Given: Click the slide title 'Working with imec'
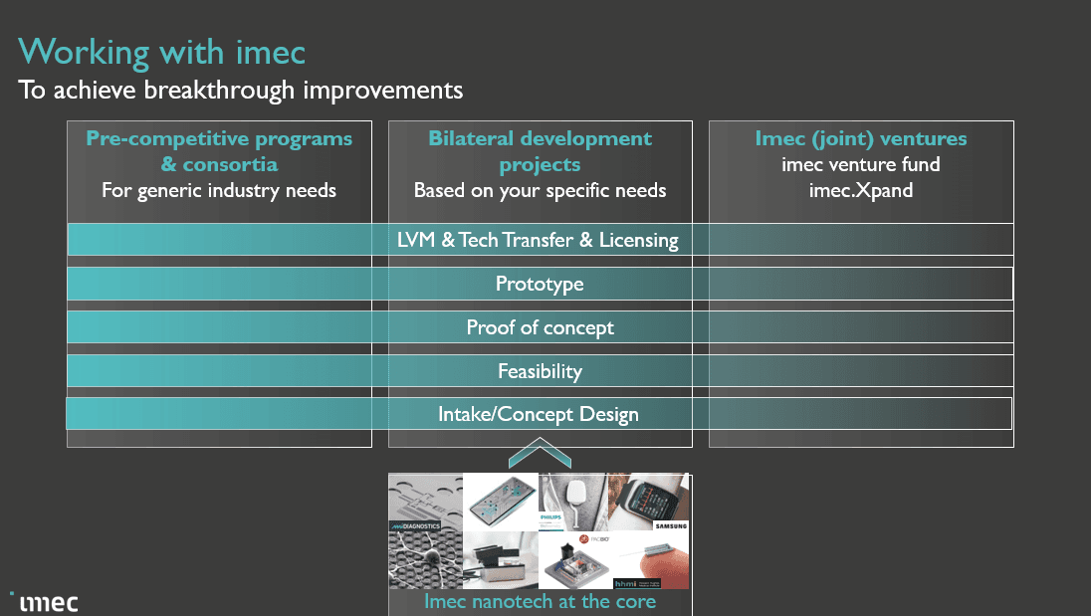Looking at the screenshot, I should coord(161,51).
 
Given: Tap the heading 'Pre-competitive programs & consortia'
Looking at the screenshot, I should coord(219,151).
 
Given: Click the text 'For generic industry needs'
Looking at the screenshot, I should coord(219,190).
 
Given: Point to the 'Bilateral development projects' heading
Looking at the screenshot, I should coord(540,151).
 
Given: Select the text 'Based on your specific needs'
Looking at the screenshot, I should coord(540,190).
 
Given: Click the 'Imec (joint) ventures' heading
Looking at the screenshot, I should coord(860,138).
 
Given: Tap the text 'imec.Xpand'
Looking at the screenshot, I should coord(860,190).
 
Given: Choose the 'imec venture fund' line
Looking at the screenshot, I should coord(860,164).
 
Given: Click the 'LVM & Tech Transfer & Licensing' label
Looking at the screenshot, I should coord(540,240).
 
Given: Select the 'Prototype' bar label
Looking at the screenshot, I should coord(540,284).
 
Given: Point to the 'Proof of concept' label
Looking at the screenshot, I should coord(540,327).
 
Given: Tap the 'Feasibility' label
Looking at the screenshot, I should coord(540,371).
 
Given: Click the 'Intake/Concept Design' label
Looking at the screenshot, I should coord(540,414).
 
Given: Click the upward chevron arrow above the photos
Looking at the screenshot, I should coord(540,457).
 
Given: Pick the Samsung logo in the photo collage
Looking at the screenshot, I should coord(670,524).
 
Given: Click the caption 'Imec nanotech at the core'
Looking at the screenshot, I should coord(540,601).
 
